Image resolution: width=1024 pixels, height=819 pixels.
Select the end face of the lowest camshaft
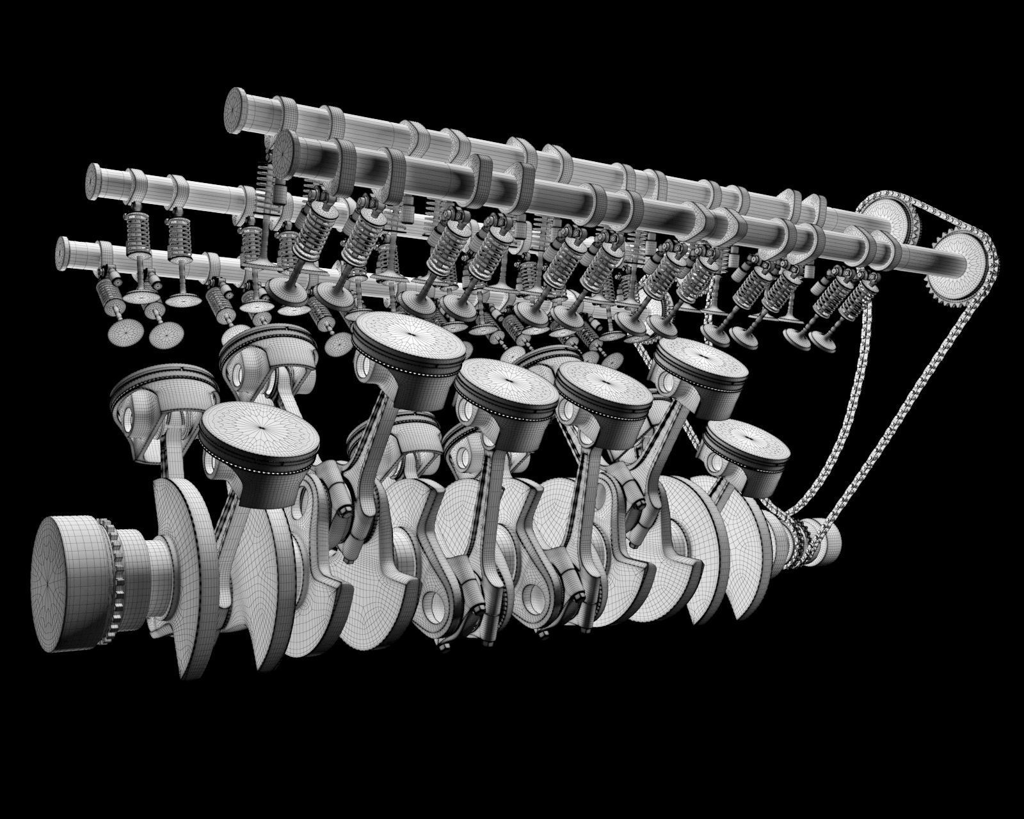(x=64, y=252)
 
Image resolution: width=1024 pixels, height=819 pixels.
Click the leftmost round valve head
(x=125, y=331)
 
